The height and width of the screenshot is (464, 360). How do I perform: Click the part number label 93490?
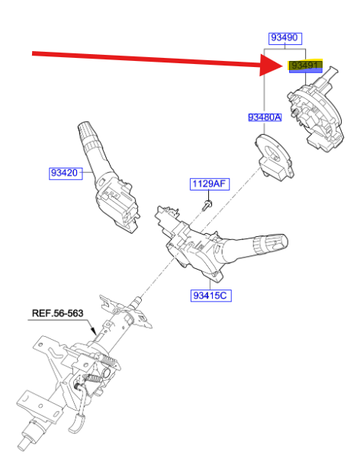point(285,38)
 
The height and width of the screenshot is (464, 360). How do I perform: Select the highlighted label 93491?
point(306,66)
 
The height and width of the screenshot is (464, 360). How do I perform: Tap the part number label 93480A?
point(265,117)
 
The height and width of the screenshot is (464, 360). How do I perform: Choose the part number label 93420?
point(66,173)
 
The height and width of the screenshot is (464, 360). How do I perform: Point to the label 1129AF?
point(209,184)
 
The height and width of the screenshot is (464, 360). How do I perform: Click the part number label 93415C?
point(211,296)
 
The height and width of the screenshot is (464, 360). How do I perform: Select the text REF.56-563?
point(57,313)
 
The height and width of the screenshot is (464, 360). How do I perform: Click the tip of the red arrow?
point(284,65)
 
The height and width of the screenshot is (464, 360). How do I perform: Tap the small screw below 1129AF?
point(207,205)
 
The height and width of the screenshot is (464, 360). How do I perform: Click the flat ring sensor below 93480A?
point(274,157)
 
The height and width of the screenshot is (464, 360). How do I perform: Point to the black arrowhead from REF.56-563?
point(94,330)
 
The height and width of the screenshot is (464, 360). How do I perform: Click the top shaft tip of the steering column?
point(138,302)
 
